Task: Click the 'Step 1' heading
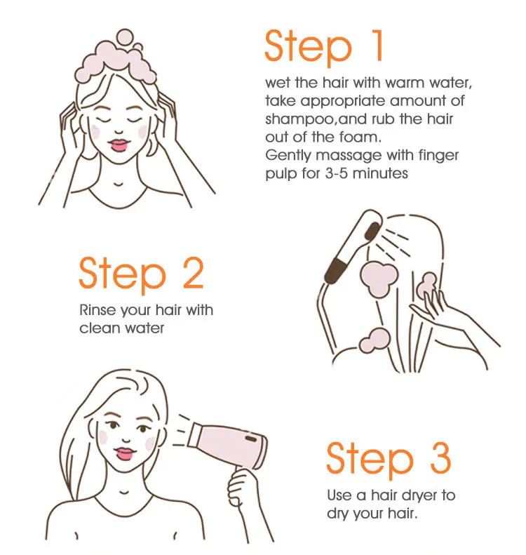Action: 324,47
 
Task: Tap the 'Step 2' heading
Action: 141,274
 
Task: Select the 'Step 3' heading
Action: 388,460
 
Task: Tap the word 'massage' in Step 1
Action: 335,155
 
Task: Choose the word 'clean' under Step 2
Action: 100,328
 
